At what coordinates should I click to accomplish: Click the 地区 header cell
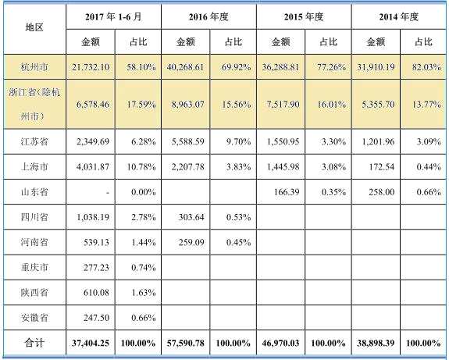coord(34,27)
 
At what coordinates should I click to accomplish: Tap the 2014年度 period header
coord(399,16)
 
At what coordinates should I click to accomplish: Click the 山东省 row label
coord(34,191)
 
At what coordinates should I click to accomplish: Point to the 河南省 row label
coord(34,241)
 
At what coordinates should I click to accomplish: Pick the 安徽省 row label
coord(34,316)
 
